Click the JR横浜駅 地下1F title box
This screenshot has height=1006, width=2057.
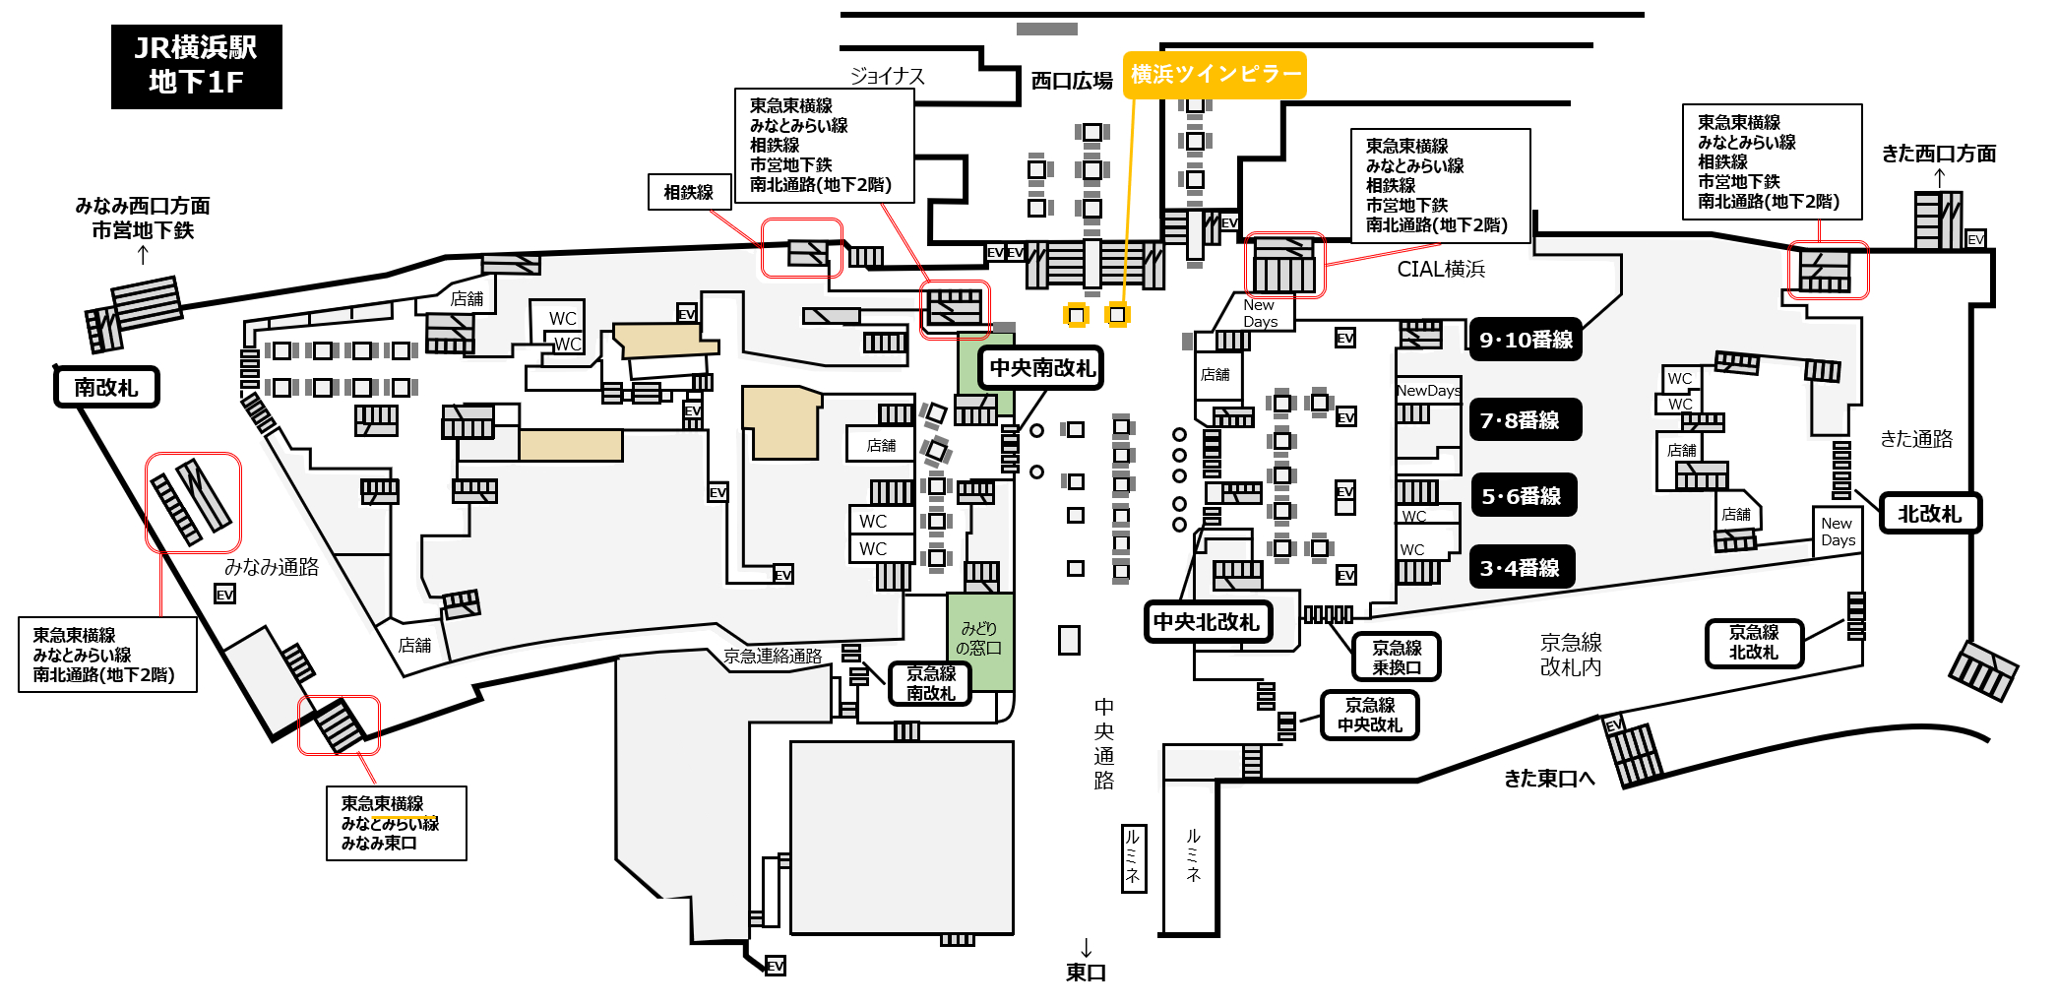(197, 66)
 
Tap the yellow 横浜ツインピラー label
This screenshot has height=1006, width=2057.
(1215, 75)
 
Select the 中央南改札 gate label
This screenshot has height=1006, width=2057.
(1041, 368)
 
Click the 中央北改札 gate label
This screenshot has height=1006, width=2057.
(1207, 622)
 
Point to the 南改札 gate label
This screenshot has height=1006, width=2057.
(106, 387)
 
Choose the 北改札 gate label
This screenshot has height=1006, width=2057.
(1930, 514)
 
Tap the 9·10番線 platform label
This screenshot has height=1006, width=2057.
(1526, 340)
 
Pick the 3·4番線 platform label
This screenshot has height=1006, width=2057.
(1521, 568)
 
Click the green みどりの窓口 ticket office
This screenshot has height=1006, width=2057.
(980, 641)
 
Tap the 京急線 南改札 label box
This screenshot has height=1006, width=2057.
(930, 683)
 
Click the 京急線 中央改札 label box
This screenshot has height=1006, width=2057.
(1370, 715)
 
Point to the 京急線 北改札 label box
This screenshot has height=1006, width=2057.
(1754, 643)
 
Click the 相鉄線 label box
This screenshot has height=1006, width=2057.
(689, 192)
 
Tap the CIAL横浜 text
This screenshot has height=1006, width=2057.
(1441, 269)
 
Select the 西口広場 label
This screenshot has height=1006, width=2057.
(1072, 81)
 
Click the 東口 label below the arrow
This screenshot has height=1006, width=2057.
(1087, 973)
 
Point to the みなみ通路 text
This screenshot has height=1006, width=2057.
(272, 567)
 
